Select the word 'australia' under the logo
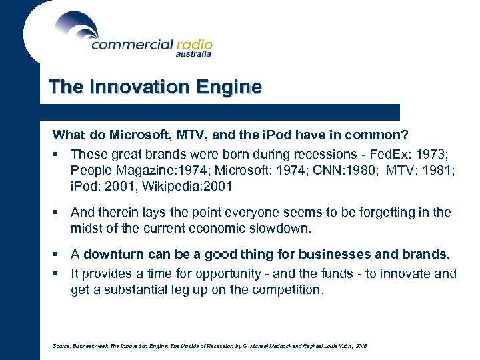click(x=193, y=55)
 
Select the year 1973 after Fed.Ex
click(x=440, y=153)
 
